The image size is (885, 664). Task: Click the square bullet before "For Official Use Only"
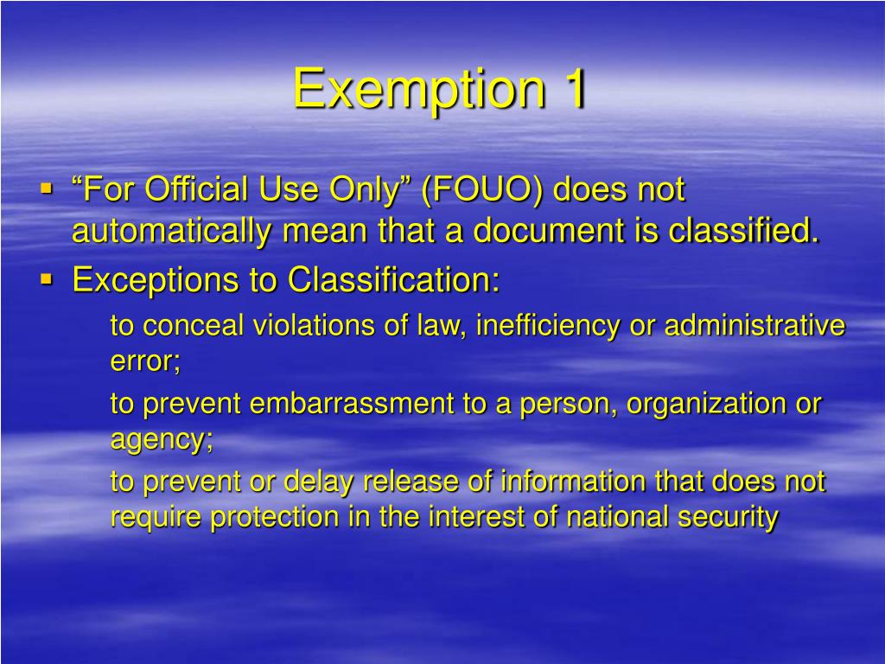click(47, 187)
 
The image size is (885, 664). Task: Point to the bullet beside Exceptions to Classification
click(47, 279)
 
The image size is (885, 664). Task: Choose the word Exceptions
click(175, 279)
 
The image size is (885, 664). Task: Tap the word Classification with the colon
click(394, 279)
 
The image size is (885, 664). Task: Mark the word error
click(145, 361)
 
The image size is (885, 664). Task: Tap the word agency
click(161, 439)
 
